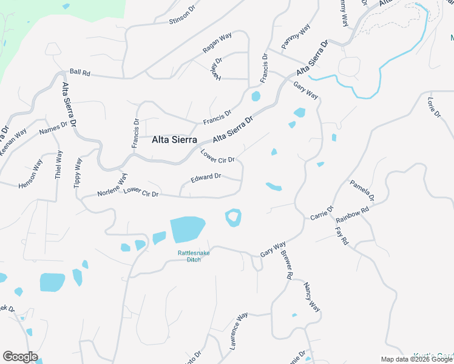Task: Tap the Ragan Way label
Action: point(217,45)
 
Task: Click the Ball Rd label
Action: point(80,72)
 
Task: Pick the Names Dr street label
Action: point(53,128)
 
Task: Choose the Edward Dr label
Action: point(206,178)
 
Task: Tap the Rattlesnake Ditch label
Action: point(194,257)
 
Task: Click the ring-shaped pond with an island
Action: point(233,217)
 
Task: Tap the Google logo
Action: point(20,357)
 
